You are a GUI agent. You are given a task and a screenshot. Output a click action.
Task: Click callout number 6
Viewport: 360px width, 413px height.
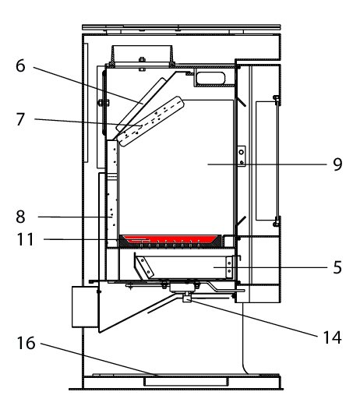point(20,65)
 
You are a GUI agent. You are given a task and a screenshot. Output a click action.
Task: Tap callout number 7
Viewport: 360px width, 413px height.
point(20,119)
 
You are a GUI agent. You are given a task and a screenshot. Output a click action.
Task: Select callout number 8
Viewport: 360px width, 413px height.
point(20,217)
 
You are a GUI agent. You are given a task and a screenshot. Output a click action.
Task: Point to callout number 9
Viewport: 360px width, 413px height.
point(337,164)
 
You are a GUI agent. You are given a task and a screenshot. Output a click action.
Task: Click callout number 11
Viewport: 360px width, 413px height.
point(25,239)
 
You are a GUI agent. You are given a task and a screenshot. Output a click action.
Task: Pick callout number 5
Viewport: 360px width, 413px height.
point(337,267)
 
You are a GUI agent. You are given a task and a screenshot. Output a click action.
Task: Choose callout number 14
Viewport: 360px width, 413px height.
point(333,337)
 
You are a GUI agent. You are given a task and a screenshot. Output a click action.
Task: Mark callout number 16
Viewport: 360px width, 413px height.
point(26,343)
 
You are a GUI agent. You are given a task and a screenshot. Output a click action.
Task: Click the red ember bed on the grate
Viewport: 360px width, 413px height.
point(171,239)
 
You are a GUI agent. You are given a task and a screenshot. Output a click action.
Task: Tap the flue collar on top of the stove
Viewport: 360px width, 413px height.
point(143,56)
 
